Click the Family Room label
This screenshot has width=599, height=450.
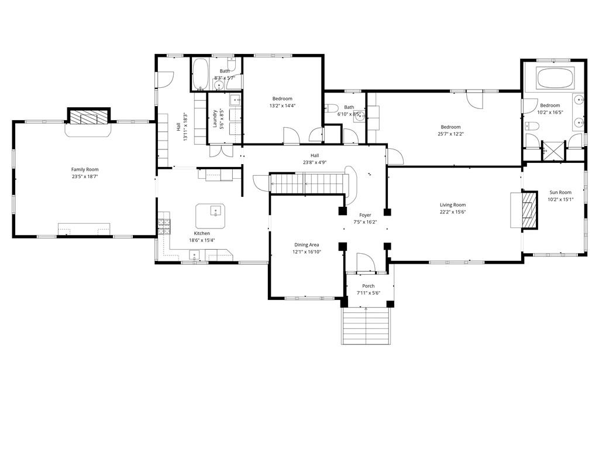pyautogui.click(x=84, y=169)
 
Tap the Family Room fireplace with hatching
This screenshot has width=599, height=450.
pyautogui.click(x=88, y=117)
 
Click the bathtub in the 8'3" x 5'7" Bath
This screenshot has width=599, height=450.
pyautogui.click(x=200, y=75)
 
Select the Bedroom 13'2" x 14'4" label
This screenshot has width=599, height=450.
pyautogui.click(x=282, y=98)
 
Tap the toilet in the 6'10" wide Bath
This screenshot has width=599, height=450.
pyautogui.click(x=331, y=109)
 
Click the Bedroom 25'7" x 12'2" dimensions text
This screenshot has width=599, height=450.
pyautogui.click(x=450, y=134)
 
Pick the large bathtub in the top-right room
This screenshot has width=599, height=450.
pyautogui.click(x=555, y=78)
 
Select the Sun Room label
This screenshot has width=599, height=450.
pyautogui.click(x=560, y=192)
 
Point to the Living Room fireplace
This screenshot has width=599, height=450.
pyautogui.click(x=529, y=210)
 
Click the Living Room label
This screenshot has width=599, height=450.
pyautogui.click(x=453, y=204)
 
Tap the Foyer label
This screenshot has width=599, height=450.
pyautogui.click(x=365, y=215)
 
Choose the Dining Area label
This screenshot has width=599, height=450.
pyautogui.click(x=307, y=244)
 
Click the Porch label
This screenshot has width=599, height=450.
pyautogui.click(x=368, y=286)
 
